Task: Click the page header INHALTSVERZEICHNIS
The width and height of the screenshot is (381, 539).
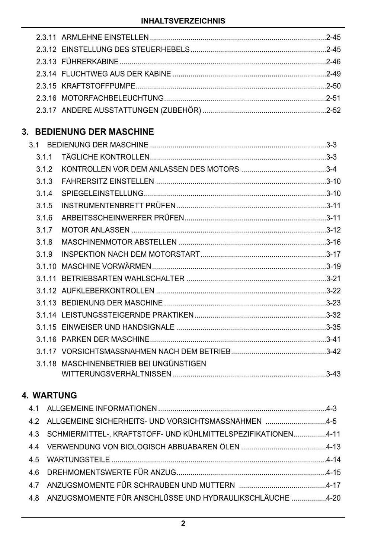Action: tap(183, 21)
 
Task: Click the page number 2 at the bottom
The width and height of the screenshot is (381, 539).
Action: tap(183, 524)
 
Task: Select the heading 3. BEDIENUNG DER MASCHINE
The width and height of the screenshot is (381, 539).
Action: tap(88, 132)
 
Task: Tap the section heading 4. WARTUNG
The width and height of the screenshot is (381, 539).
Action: tap(49, 395)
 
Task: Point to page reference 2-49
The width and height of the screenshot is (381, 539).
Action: tap(333, 74)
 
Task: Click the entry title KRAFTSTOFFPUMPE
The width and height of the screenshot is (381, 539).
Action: tap(98, 86)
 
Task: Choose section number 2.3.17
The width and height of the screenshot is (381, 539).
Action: tap(46, 110)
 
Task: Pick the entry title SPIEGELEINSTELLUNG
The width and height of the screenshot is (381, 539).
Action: tap(102, 193)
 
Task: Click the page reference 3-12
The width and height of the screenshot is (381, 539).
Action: tap(333, 230)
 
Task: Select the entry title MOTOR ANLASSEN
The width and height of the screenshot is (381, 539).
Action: tap(96, 230)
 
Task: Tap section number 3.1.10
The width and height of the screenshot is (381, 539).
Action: tap(46, 266)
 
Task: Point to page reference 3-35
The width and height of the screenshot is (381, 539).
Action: tap(333, 327)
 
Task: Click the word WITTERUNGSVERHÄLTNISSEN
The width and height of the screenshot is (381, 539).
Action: tap(116, 374)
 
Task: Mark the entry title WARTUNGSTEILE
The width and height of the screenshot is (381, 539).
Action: tap(79, 460)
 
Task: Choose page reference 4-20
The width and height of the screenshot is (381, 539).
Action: tap(333, 498)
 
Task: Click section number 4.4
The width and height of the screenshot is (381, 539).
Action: tap(34, 447)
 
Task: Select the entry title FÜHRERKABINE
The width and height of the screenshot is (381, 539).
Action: tap(90, 62)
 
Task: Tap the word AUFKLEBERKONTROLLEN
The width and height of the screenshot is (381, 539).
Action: tap(108, 291)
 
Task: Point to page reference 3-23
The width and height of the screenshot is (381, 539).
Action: tap(333, 303)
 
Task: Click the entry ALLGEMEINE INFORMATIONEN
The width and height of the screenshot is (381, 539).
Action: tap(102, 408)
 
